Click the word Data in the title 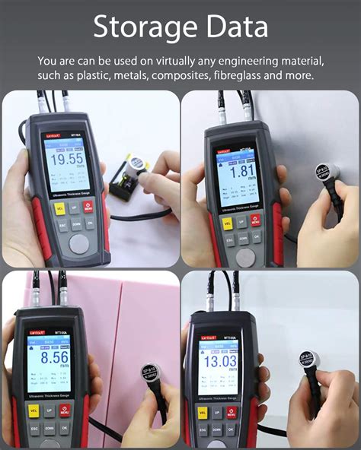[x=238, y=27]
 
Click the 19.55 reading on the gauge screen [x=67, y=160]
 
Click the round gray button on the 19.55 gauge [x=78, y=243]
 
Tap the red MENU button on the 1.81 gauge [x=254, y=220]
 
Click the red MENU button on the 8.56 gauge [x=65, y=410]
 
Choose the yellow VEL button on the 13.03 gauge [x=203, y=413]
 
